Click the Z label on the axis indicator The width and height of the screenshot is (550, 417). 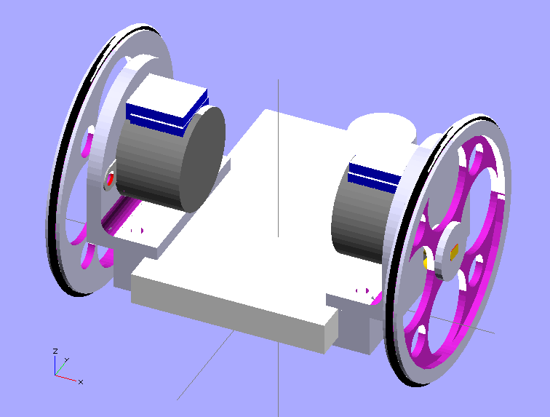coord(55,351)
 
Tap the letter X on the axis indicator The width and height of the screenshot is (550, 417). coord(80,381)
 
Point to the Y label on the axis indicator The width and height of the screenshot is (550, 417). coord(66,360)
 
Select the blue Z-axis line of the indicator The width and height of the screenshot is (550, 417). coord(55,366)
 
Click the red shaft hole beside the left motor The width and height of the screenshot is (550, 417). coord(111,179)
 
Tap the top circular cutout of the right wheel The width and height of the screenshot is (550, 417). coord(478,159)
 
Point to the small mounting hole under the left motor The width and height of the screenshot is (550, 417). coord(136,230)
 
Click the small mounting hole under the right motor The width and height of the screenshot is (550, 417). coord(362,290)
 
